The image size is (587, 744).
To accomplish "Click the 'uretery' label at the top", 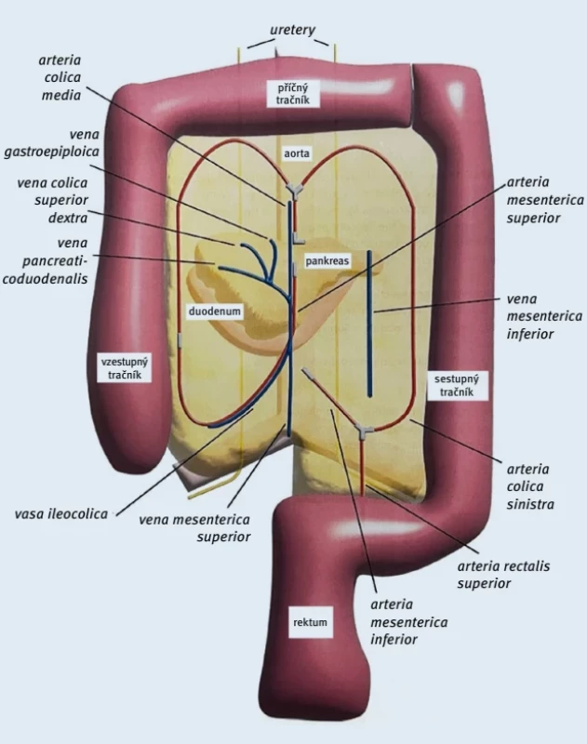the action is point(292,31).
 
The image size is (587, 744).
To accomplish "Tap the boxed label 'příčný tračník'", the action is point(293,94).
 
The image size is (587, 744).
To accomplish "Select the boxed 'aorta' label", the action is point(297,153).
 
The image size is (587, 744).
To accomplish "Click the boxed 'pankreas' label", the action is point(327,260).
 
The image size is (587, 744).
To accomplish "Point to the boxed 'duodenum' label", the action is point(215,312).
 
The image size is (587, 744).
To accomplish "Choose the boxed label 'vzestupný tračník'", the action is point(125,368).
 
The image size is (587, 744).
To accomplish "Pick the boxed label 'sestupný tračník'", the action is point(457,385).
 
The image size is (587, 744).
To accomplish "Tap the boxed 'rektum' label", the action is point(310,622).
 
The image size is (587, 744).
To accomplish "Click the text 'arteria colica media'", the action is point(60,77).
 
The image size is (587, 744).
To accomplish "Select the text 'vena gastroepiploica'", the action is point(52,143).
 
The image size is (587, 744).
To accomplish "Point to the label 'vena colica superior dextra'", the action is point(53,200).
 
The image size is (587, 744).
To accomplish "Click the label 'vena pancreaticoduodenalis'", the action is point(46,260).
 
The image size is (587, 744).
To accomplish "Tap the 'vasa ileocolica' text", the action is point(61,514).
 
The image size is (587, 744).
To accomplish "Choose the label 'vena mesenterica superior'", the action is point(194,527).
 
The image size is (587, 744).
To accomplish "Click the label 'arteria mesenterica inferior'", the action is point(408,621).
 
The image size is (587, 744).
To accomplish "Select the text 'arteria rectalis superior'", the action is point(503,574).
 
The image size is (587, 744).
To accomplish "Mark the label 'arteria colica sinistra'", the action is point(530,486).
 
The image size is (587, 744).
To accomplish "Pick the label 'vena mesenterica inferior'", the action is point(544,316).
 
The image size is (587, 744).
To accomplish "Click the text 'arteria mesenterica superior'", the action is point(545,200).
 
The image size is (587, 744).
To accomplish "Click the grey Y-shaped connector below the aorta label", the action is point(293,192).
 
